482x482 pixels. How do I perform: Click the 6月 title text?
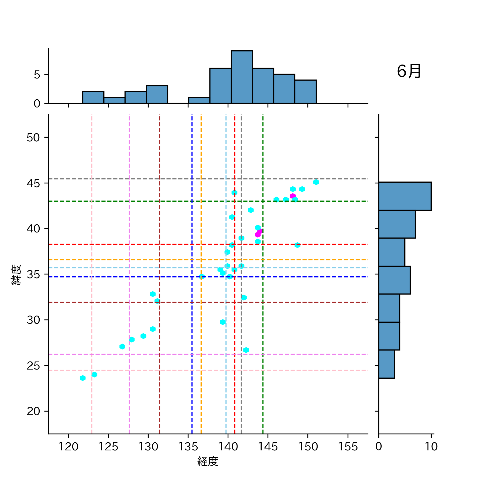(x=409, y=71)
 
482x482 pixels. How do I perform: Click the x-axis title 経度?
(x=208, y=461)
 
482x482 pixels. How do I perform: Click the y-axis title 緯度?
(x=16, y=275)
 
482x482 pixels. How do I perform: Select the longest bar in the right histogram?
(x=405, y=196)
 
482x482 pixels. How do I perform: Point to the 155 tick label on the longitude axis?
(x=348, y=446)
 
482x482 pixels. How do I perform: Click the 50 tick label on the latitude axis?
(x=33, y=138)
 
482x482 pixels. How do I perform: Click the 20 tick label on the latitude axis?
(x=33, y=411)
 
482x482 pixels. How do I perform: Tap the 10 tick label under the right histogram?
(x=431, y=446)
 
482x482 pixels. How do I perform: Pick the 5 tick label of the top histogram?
(x=37, y=75)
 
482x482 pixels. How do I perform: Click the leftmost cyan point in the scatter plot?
(x=83, y=378)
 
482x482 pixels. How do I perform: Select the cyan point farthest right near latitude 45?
(x=316, y=182)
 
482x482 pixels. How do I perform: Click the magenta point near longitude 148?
(x=293, y=196)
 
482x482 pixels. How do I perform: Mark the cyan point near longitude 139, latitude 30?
(x=223, y=322)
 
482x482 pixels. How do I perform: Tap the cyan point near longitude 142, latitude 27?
(x=246, y=350)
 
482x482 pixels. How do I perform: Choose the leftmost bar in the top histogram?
(x=93, y=97)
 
